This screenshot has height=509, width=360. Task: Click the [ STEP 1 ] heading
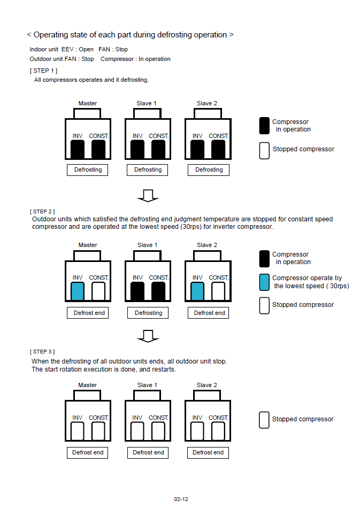coord(43,71)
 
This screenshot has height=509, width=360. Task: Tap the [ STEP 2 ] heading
coord(43,212)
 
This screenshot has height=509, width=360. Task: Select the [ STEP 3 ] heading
coord(43,351)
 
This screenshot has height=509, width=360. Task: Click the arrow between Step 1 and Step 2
coord(148,196)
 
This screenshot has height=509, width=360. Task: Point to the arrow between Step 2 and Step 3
coord(148,336)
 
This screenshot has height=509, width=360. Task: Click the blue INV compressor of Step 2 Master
coord(78,291)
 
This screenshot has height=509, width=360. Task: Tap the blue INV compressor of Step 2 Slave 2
coord(197,291)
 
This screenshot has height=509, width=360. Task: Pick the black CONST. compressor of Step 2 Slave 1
coord(158,291)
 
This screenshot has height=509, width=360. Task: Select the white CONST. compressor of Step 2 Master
coord(98,291)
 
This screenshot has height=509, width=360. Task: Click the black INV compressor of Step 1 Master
coord(78,150)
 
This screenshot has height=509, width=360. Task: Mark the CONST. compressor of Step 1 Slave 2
coord(218,150)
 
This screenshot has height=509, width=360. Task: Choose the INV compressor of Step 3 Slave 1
coord(137,430)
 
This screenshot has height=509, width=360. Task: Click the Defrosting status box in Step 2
coord(148,313)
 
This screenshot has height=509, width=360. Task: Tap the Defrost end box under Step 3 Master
coord(88,452)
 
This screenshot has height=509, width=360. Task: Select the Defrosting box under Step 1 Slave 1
coord(148,169)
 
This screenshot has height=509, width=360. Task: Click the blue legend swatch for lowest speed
coord(264,282)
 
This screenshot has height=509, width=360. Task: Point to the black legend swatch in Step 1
coord(264,125)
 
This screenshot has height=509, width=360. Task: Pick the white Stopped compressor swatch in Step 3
coord(264,419)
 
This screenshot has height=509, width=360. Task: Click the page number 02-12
coord(181,499)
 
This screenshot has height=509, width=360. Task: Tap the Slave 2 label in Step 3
coord(207,385)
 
